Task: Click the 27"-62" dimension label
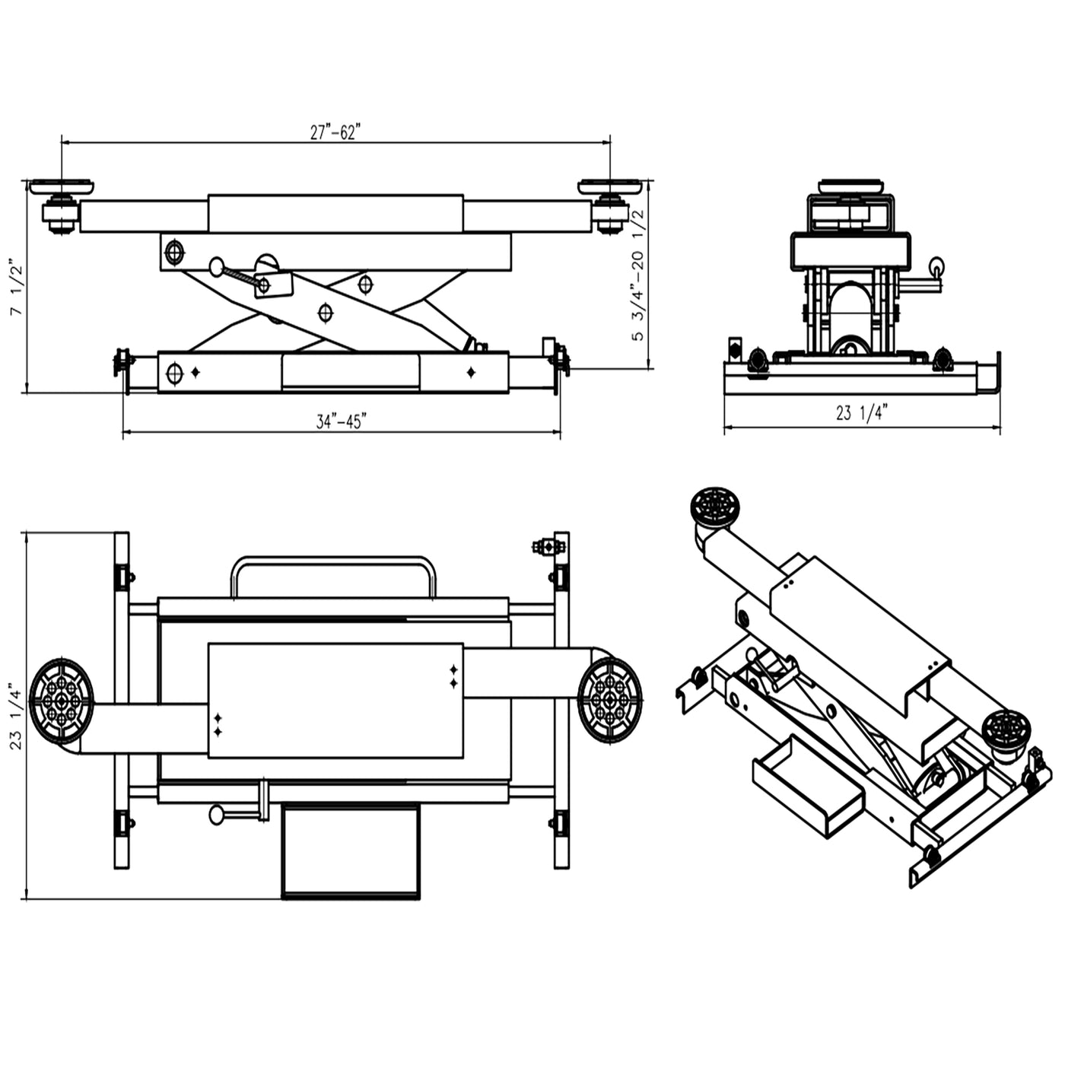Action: tap(334, 132)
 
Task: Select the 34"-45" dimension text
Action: tap(341, 421)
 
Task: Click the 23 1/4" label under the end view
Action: tap(862, 413)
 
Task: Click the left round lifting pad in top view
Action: tap(62, 701)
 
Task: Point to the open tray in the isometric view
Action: tap(807, 787)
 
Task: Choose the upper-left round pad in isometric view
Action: tap(714, 506)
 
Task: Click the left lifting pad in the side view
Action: tap(61, 186)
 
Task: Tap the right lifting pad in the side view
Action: tap(609, 186)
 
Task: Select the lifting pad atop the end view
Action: tap(850, 186)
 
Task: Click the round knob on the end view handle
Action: tap(936, 265)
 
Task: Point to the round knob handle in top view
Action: tap(217, 815)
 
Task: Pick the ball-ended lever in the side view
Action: tap(218, 267)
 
